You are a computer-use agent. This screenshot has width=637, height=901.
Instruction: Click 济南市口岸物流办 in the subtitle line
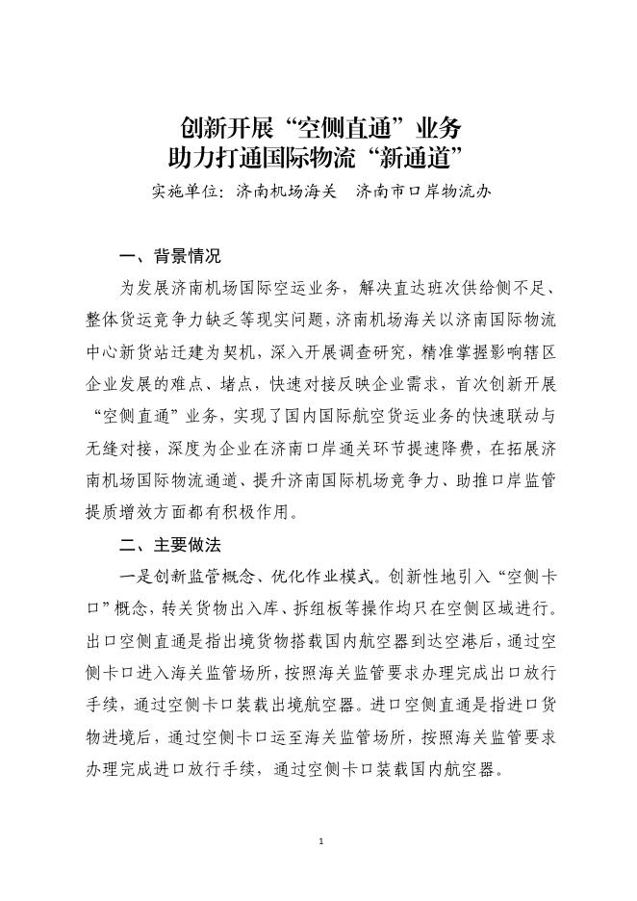(424, 191)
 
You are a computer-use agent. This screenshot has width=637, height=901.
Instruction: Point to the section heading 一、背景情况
(169, 257)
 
